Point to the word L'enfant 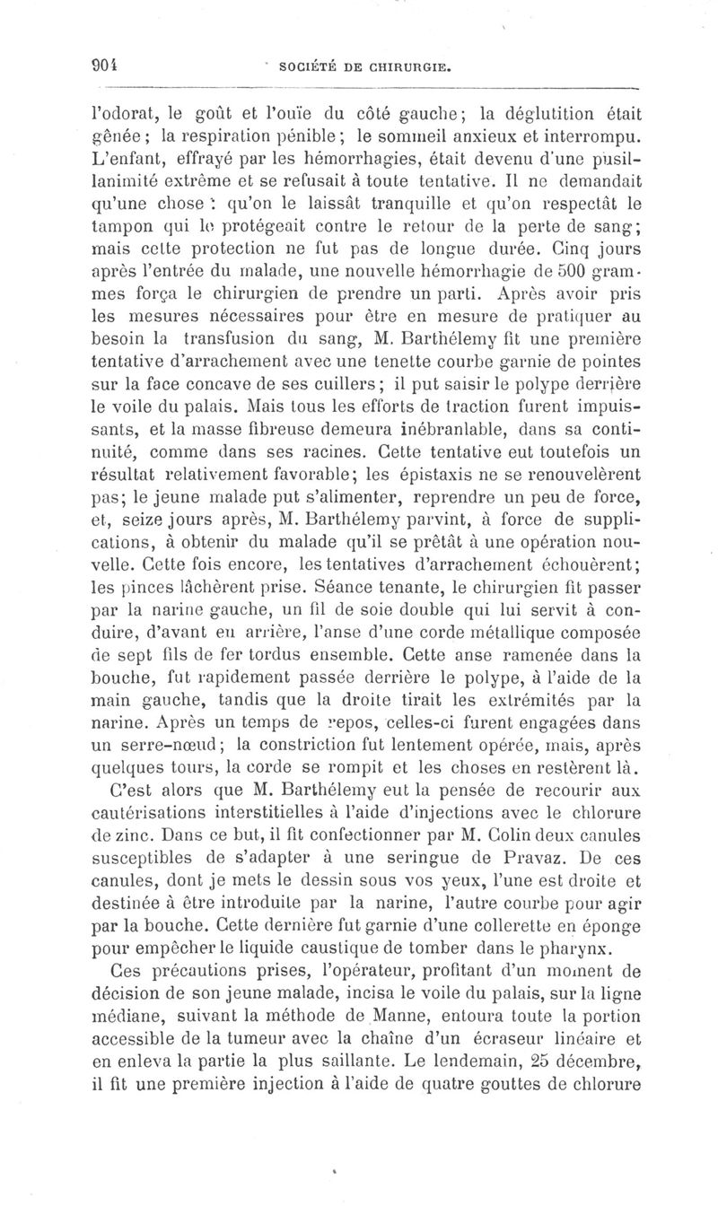(x=121, y=160)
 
